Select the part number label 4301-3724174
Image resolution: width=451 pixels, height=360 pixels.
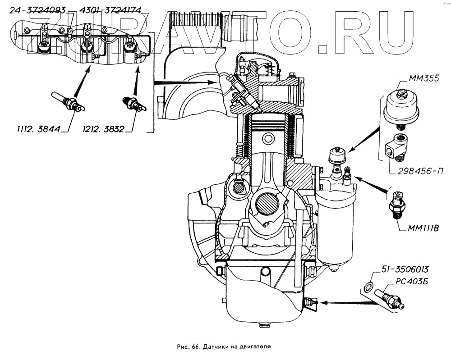pyautogui.click(x=110, y=10)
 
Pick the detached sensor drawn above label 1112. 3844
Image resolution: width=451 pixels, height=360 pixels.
pyautogui.click(x=68, y=102)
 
